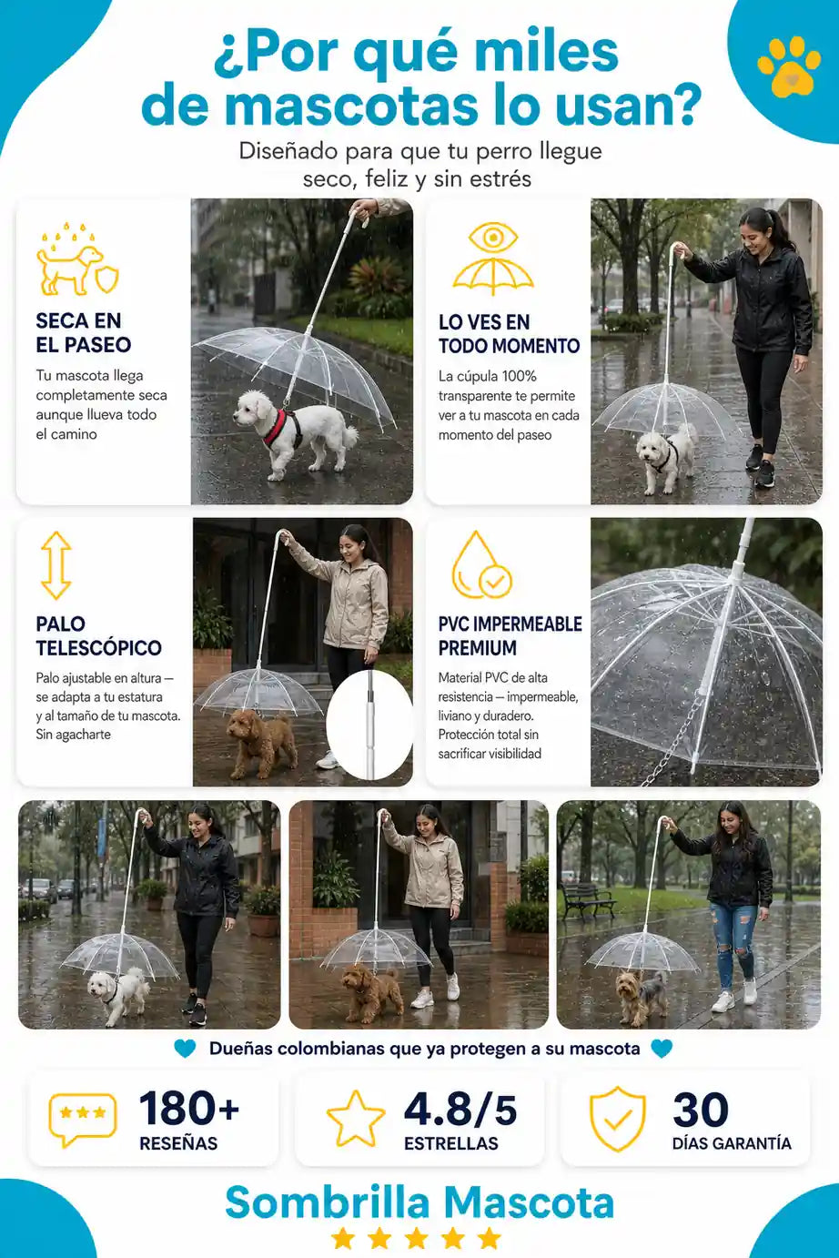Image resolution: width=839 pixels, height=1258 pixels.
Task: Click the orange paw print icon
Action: (788, 66)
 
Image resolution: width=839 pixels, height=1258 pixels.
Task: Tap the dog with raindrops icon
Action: (77, 259)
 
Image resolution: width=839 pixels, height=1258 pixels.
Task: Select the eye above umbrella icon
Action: (493, 259)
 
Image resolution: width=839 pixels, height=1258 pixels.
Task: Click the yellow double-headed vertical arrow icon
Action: (56, 565)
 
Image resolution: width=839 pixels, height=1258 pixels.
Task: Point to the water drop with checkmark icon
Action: (481, 565)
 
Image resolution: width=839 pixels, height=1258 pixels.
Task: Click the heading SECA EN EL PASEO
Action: (83, 332)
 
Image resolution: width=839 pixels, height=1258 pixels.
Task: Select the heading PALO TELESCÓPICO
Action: (99, 635)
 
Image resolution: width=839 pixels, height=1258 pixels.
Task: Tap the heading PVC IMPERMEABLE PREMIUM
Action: (510, 635)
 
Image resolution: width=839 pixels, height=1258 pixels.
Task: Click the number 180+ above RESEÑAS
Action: (189, 1108)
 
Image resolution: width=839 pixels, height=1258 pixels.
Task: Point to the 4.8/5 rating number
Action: (460, 1110)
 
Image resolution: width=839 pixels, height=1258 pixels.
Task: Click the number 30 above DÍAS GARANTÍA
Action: (701, 1110)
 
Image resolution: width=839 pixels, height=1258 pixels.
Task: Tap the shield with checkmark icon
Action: (617, 1119)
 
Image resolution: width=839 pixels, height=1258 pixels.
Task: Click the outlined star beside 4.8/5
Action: (356, 1119)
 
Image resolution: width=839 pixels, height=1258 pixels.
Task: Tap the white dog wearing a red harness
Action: (294, 431)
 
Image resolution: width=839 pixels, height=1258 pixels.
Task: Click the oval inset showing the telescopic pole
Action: (369, 725)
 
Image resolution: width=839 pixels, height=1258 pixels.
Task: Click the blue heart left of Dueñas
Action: (185, 1048)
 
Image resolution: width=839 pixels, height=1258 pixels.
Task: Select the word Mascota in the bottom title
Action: (529, 1202)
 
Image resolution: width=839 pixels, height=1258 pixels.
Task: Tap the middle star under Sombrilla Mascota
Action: (416, 1238)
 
